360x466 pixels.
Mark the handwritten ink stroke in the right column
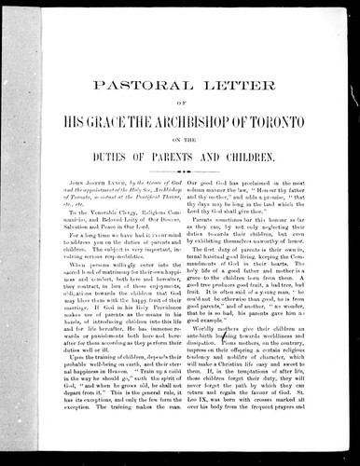pyautogui.click(x=251, y=355)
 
